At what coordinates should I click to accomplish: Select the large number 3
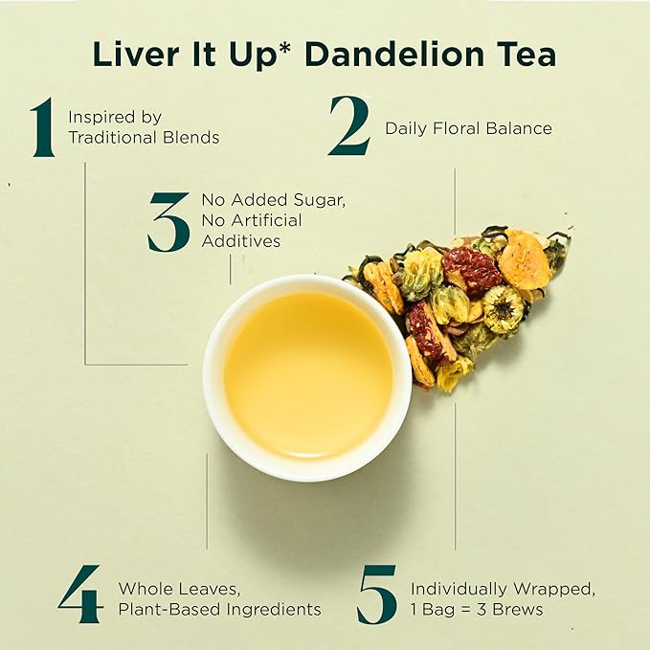point(168,221)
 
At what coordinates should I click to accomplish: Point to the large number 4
point(79,594)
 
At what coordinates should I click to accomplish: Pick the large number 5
point(376,594)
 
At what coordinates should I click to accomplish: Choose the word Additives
point(241,241)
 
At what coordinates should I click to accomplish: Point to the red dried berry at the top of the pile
point(471,269)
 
